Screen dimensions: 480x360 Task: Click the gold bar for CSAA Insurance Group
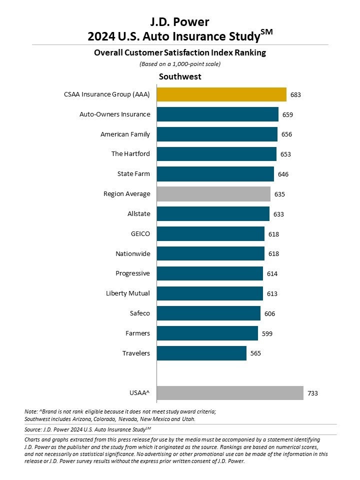pyautogui.click(x=221, y=94)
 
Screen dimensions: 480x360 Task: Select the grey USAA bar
pyautogui.click(x=230, y=393)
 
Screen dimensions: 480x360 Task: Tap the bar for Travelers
pyautogui.click(x=201, y=353)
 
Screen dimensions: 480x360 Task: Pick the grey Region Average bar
pyautogui.click(x=213, y=193)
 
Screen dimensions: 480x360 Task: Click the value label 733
pyautogui.click(x=312, y=393)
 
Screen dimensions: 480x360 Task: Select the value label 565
pyautogui.click(x=255, y=353)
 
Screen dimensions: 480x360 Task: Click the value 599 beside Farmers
pyautogui.click(x=267, y=333)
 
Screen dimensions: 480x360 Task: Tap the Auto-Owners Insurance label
pyautogui.click(x=114, y=114)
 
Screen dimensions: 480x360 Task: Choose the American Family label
pyautogui.click(x=125, y=134)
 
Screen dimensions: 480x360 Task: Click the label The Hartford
pyautogui.click(x=130, y=154)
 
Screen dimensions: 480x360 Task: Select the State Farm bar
pyautogui.click(x=215, y=174)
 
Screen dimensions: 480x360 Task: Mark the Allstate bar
pyautogui.click(x=213, y=213)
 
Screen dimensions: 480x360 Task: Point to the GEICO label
pyautogui.click(x=140, y=233)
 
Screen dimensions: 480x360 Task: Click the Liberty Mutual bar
pyautogui.click(x=209, y=293)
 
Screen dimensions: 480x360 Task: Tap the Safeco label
pyautogui.click(x=139, y=313)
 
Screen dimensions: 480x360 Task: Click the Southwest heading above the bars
pyautogui.click(x=180, y=76)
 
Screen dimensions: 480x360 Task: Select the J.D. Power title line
pyautogui.click(x=179, y=21)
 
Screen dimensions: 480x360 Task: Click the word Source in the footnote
pyautogui.click(x=34, y=429)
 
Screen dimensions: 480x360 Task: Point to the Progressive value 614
pyautogui.click(x=272, y=273)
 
